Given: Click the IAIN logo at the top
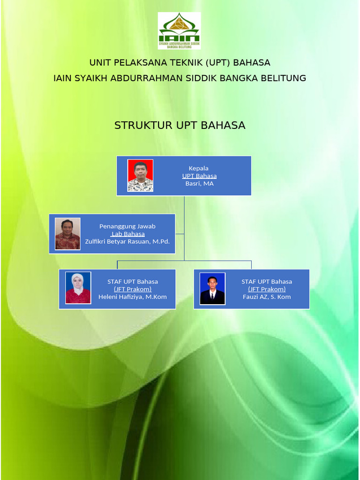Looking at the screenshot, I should point(179,31).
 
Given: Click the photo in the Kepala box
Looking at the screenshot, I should point(140,176).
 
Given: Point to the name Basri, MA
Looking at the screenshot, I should point(199,184).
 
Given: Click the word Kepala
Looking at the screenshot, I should point(199,168).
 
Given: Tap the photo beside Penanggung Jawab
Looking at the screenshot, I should point(67,234).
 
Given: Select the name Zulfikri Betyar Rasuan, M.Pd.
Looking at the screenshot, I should point(127,242).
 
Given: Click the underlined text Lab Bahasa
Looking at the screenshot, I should point(127,234).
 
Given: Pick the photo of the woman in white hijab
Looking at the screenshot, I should point(78,288).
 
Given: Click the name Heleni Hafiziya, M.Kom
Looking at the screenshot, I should point(133,297).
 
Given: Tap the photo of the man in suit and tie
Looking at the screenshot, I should point(212,289).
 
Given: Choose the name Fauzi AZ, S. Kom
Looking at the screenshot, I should point(267,297).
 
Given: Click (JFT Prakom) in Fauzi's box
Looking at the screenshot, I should point(267,289).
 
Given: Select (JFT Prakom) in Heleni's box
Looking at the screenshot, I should point(133,289).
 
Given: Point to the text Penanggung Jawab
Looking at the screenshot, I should point(127,226).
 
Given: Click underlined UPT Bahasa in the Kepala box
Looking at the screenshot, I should point(199,176).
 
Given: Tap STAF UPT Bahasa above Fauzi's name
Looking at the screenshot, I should point(267,282).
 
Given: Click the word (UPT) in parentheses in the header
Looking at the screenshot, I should point(214,62).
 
